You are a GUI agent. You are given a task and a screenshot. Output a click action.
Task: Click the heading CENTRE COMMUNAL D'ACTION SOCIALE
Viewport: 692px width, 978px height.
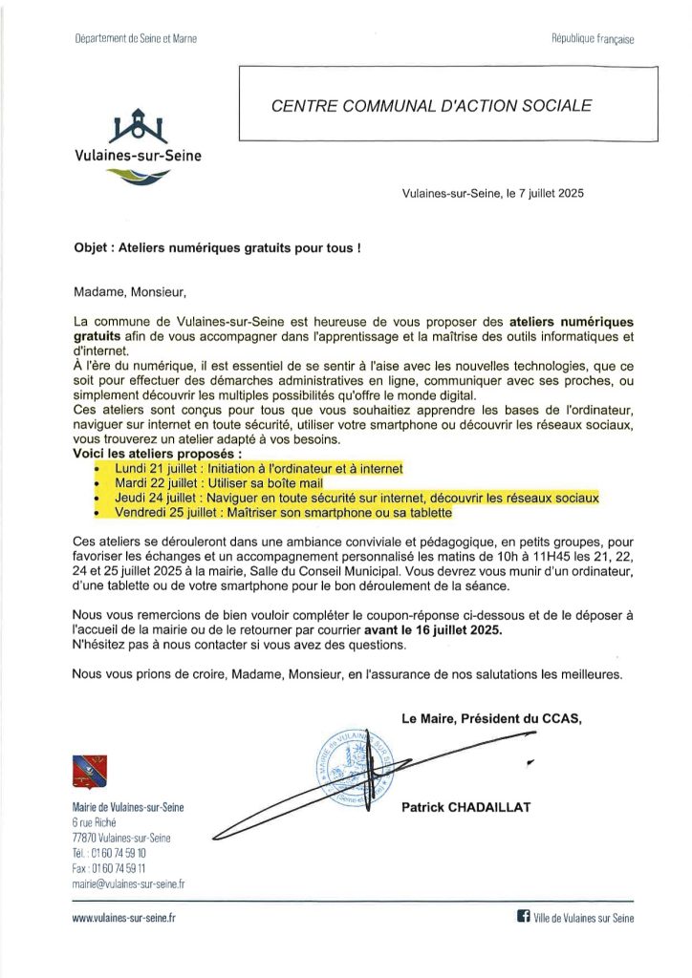tap(431, 105)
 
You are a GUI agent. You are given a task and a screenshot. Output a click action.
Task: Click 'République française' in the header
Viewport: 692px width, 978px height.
tap(592, 39)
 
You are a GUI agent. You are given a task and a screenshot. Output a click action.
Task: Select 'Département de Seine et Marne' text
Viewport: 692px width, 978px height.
tap(135, 39)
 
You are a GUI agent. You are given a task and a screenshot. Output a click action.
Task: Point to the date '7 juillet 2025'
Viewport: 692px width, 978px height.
tap(542, 193)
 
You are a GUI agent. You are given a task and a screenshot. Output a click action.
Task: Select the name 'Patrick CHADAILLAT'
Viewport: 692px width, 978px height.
tap(466, 808)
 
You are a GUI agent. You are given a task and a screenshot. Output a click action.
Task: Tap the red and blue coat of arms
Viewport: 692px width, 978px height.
tap(90, 771)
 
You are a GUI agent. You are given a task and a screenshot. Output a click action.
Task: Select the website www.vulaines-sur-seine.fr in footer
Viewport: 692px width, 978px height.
tap(124, 918)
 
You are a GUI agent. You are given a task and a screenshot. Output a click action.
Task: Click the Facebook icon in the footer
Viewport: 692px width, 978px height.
tap(523, 917)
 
